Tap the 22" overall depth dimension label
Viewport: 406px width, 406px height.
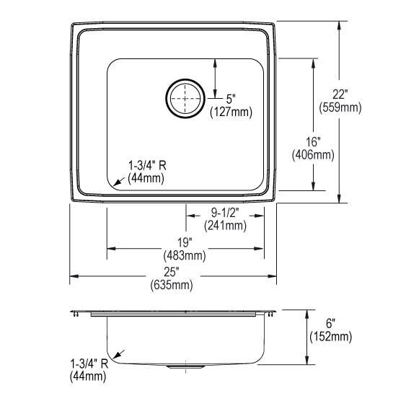(x=340, y=94)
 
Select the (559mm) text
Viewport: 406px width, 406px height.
(x=340, y=107)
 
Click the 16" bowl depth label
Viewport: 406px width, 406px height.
(x=313, y=142)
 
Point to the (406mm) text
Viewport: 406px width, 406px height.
(x=313, y=155)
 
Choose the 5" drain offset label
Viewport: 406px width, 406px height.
(x=231, y=99)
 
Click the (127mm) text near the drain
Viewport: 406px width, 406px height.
(x=231, y=112)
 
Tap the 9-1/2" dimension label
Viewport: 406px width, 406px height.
(x=225, y=213)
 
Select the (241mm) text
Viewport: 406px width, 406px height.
(x=225, y=226)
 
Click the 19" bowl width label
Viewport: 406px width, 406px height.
(x=184, y=242)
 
